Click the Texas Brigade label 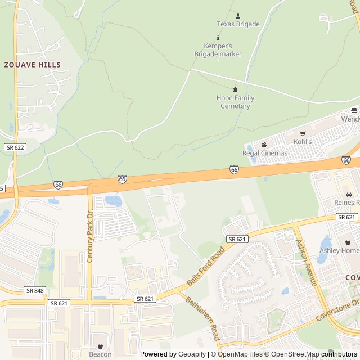point(238,24)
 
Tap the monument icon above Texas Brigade point(238,15)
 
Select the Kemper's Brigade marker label point(218,50)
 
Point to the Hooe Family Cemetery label point(235,102)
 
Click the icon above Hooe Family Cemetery point(235,89)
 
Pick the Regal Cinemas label point(264,153)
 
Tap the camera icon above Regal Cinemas point(264,145)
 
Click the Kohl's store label point(303,141)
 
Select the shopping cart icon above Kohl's point(303,133)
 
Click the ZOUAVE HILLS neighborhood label point(32,65)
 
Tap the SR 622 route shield point(15,147)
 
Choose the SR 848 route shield point(35,290)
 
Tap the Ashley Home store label point(339,250)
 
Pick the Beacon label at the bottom point(100,354)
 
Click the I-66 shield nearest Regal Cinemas point(234,169)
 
